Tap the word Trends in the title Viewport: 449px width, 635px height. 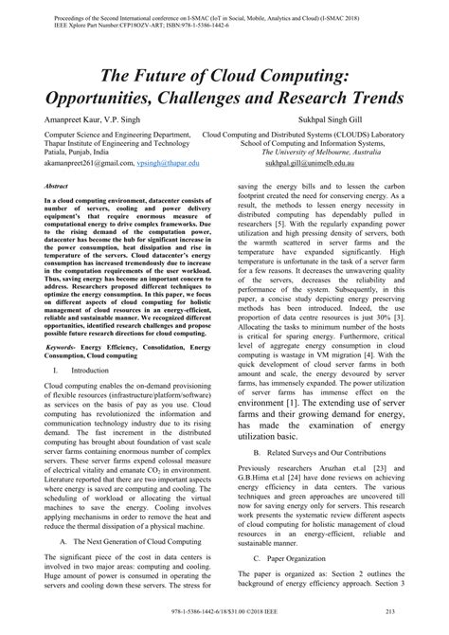click(370, 98)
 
